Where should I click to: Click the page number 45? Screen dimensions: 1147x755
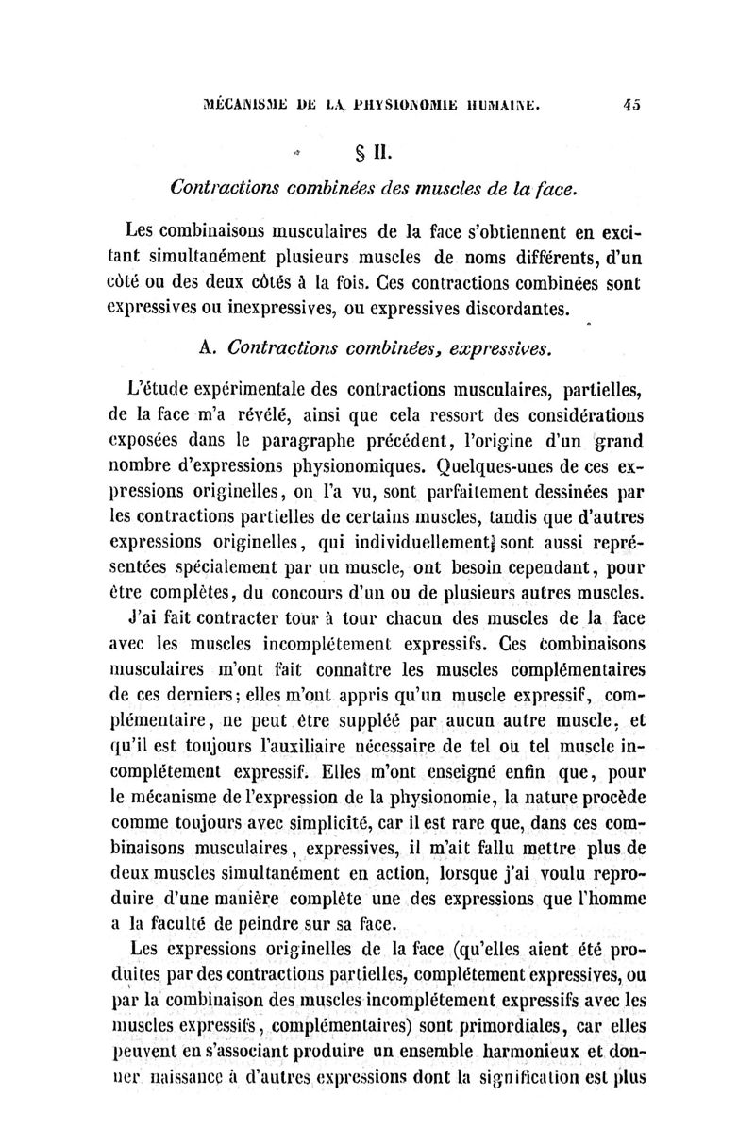point(631,107)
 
